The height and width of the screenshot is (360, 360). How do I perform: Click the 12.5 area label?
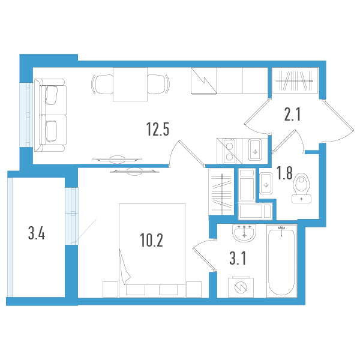tap(158, 129)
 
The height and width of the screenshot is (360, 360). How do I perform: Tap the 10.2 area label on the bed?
tap(152, 240)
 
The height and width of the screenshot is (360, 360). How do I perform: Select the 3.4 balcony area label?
tap(37, 233)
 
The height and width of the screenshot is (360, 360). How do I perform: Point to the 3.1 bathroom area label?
tap(238, 258)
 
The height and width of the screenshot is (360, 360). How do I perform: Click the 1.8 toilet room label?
tap(284, 173)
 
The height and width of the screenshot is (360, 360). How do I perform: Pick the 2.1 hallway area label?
tap(292, 114)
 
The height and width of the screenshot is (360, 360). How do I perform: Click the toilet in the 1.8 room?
tap(301, 188)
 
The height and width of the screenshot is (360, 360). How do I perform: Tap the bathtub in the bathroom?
tap(281, 261)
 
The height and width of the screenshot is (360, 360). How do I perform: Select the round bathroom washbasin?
tap(244, 233)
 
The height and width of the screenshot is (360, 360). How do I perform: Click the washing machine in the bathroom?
tap(241, 287)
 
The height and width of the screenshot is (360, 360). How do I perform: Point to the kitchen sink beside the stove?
tap(255, 150)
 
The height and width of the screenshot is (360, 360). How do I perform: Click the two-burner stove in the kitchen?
tap(229, 151)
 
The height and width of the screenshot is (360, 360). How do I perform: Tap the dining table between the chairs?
tap(130, 84)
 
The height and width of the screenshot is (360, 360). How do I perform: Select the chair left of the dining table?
tap(102, 84)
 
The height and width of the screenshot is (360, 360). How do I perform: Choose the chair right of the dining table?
tap(158, 84)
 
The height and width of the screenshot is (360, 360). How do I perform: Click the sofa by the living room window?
tap(50, 115)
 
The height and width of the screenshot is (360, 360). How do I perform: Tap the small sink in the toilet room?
tap(266, 184)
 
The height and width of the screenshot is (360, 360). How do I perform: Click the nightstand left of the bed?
tap(110, 289)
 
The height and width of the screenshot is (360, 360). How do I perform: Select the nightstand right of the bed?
tap(194, 289)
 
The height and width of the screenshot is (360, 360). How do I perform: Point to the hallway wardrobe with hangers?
tap(295, 80)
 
